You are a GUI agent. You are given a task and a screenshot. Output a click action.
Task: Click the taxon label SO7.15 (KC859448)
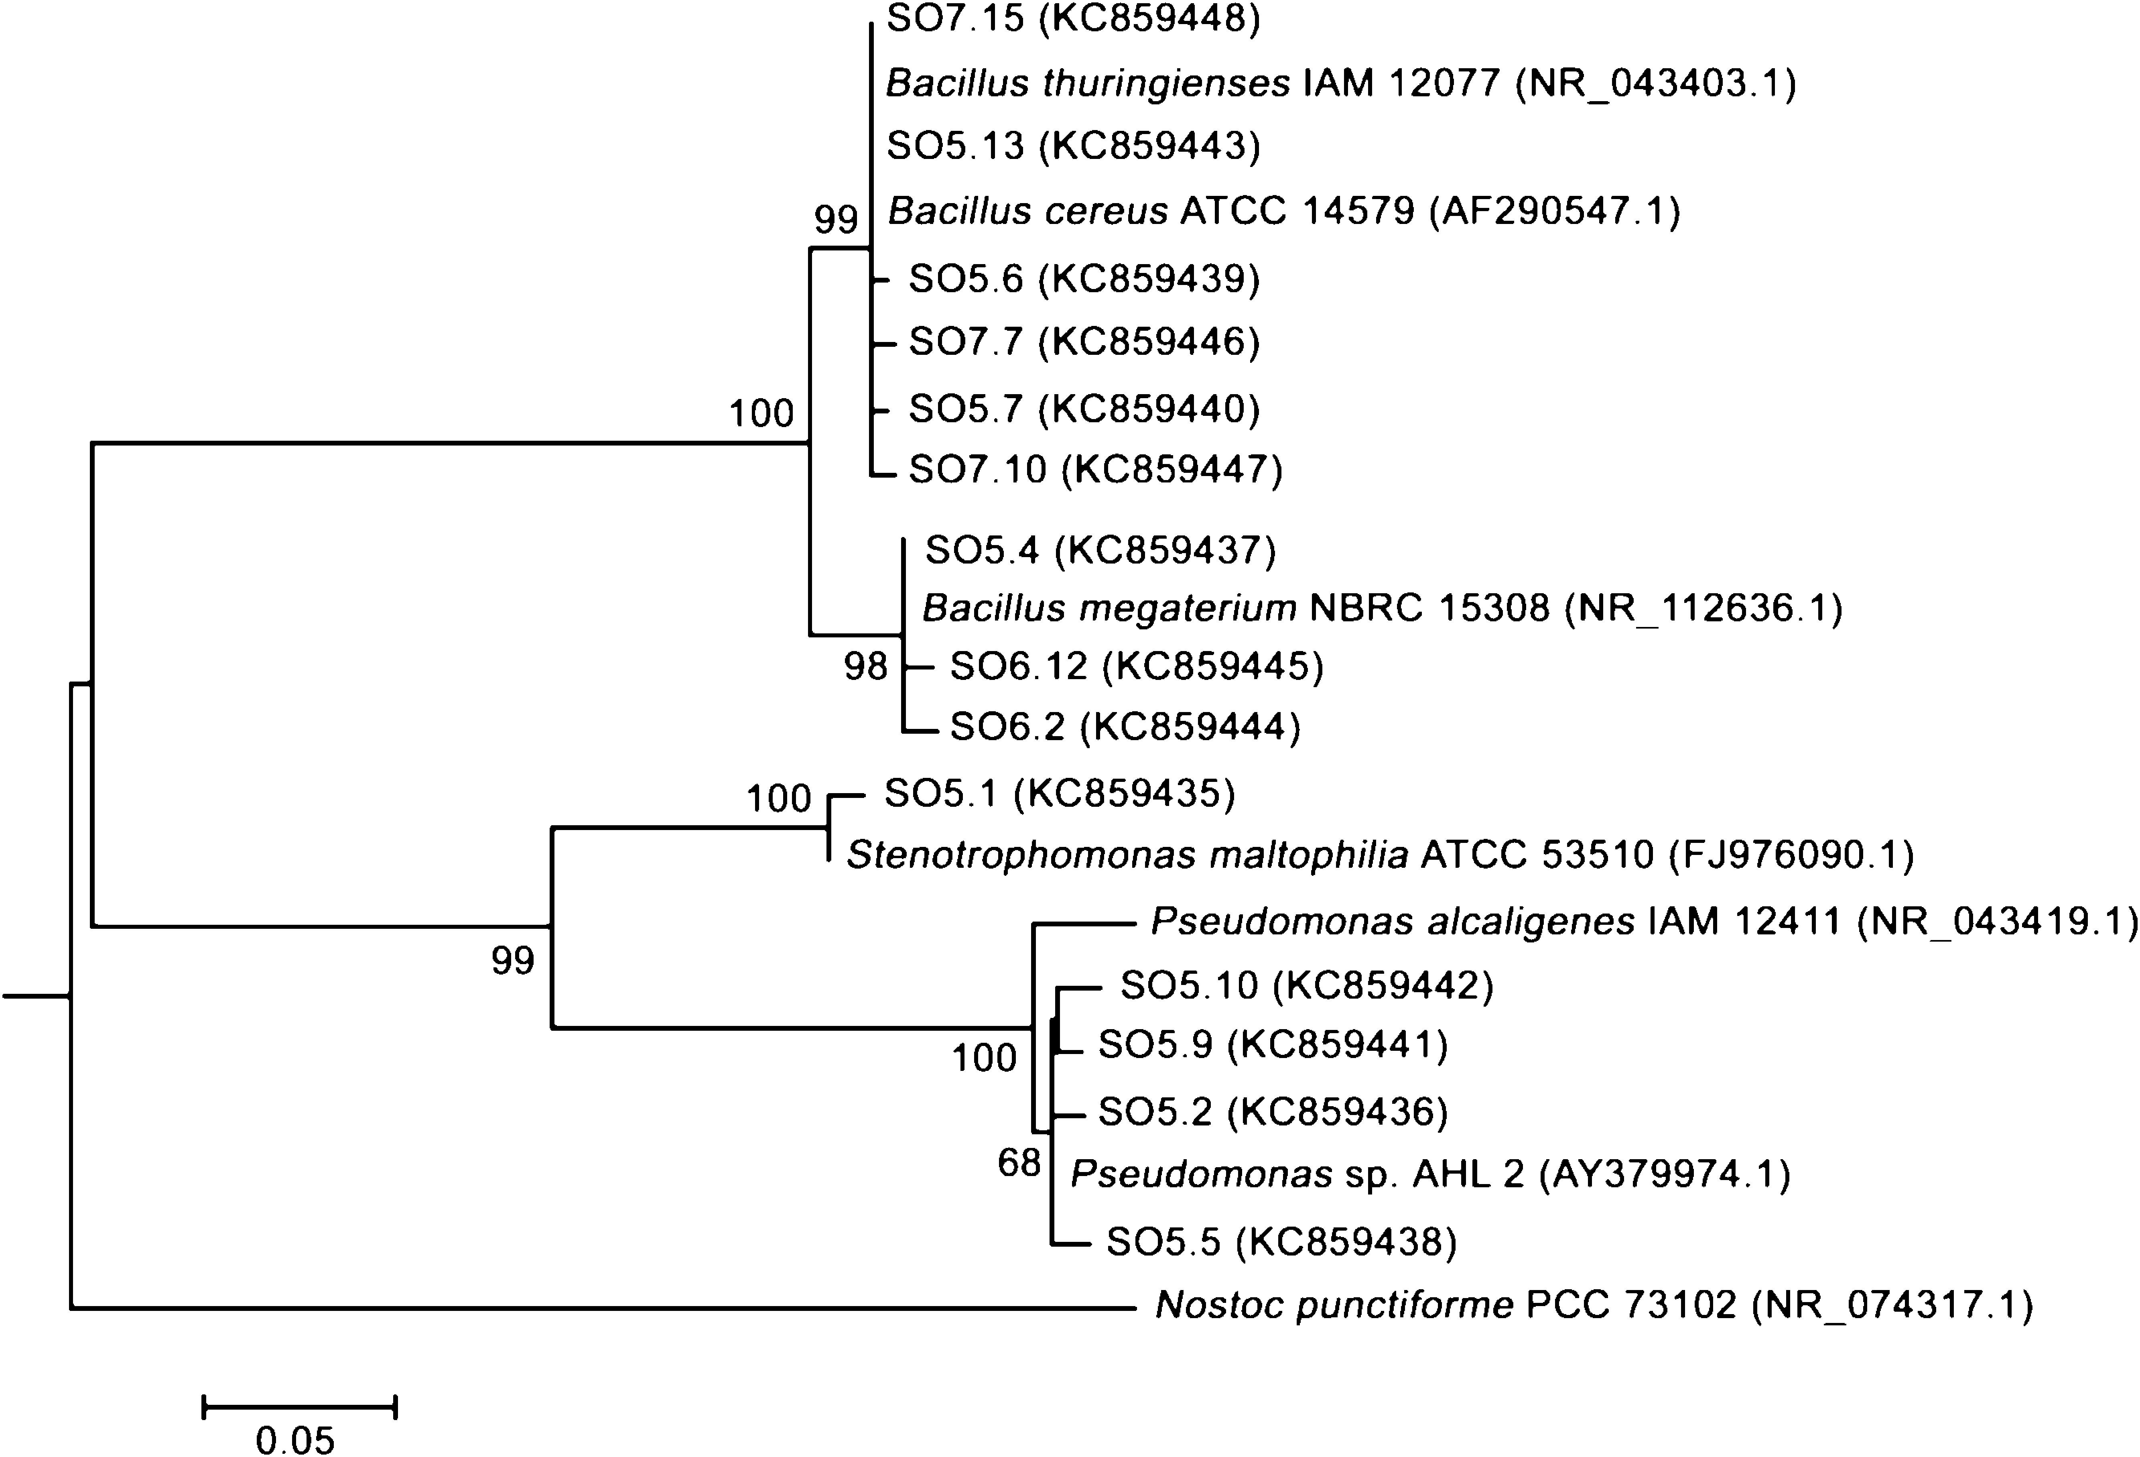(1073, 18)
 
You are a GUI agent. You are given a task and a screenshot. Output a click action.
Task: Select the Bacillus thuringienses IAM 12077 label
(1340, 84)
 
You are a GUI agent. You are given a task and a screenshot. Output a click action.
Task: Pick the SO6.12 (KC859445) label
(1136, 666)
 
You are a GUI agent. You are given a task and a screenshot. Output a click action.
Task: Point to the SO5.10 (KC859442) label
(1306, 985)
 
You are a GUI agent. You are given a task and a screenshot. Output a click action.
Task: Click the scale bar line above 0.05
(299, 1406)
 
